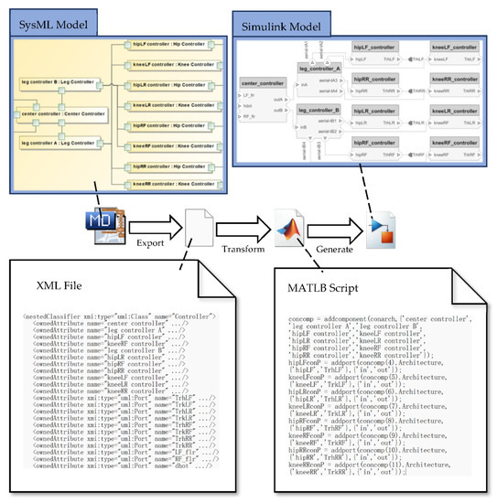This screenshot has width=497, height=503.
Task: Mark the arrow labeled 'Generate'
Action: tap(335, 224)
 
